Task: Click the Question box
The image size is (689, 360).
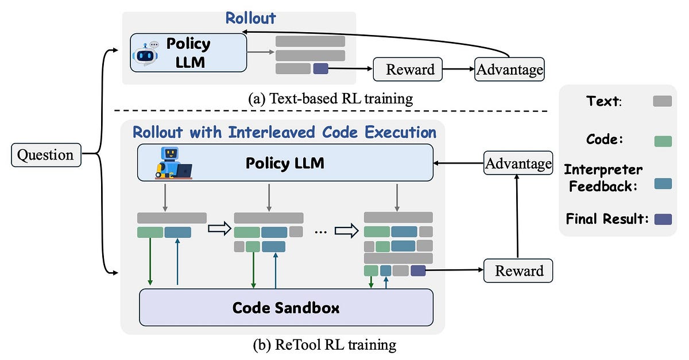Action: point(46,155)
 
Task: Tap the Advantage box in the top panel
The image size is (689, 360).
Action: point(509,70)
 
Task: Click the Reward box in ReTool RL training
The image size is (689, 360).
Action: point(518,270)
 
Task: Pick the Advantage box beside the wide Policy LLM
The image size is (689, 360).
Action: point(518,164)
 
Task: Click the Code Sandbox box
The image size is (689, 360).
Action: point(286,307)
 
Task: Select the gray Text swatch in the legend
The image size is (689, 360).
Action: point(662,101)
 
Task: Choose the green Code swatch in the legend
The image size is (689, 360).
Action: point(662,141)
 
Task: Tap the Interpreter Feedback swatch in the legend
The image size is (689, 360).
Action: point(662,183)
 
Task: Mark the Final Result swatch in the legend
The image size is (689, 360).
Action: point(662,219)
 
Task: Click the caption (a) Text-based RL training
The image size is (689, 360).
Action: point(330,99)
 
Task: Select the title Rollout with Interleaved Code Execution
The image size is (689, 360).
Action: point(284,132)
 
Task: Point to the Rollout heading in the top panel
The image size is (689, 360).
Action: point(250,18)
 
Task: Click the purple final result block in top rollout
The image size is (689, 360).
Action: point(320,69)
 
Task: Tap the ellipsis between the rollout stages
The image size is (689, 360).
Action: point(321,231)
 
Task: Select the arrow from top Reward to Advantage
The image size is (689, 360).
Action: point(459,70)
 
